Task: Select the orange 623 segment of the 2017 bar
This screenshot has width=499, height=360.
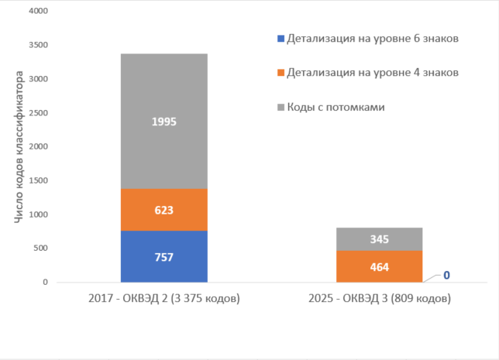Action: click(164, 209)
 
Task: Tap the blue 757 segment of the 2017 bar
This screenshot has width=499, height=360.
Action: click(164, 256)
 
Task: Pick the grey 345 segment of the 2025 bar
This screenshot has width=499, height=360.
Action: click(380, 239)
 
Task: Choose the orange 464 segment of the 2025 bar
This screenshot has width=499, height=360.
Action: click(380, 266)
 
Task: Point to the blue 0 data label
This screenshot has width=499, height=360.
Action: click(447, 274)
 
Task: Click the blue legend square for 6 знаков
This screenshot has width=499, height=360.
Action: click(280, 38)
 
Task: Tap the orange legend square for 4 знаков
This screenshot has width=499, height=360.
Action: click(280, 72)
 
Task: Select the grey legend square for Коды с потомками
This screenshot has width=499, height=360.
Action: click(280, 106)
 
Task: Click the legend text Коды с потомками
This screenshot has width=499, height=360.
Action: click(336, 106)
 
